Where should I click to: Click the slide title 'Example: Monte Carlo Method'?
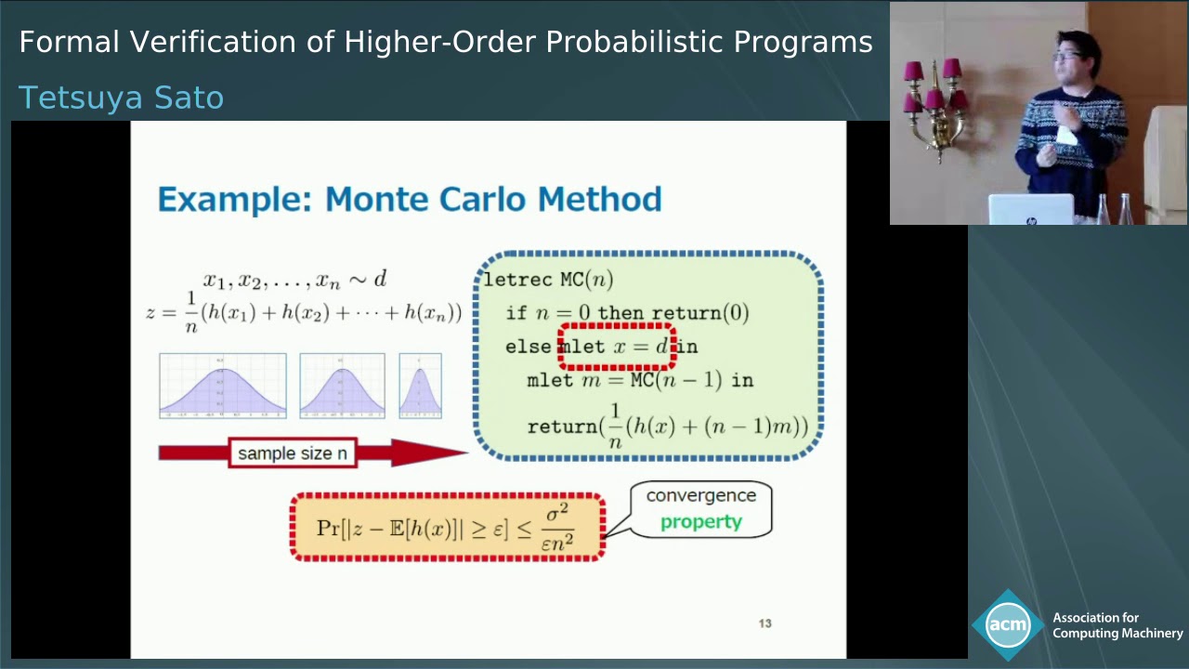pos(409,199)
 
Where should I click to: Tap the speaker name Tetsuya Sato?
pos(121,98)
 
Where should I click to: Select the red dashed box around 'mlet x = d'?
pos(617,347)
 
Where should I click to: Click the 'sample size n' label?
pos(292,453)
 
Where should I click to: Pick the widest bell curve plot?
pos(222,386)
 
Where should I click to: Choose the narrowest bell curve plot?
pos(420,386)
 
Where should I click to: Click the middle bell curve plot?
pos(342,386)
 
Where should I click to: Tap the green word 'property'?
pos(700,521)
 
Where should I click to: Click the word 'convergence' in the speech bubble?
pos(700,495)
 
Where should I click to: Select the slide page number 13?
pos(764,623)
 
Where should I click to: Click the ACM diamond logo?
pos(1007,625)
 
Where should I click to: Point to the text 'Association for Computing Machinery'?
pos(1117,625)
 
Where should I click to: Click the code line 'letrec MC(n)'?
pos(548,280)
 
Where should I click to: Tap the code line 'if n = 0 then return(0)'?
pos(627,313)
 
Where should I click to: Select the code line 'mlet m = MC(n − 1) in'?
pos(639,380)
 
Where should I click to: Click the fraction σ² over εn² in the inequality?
pos(557,527)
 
